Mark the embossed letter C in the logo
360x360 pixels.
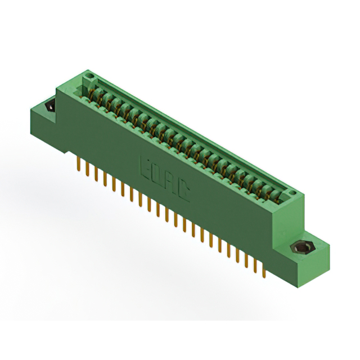[x=183, y=193]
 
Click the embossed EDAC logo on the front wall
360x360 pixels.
[x=164, y=179]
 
